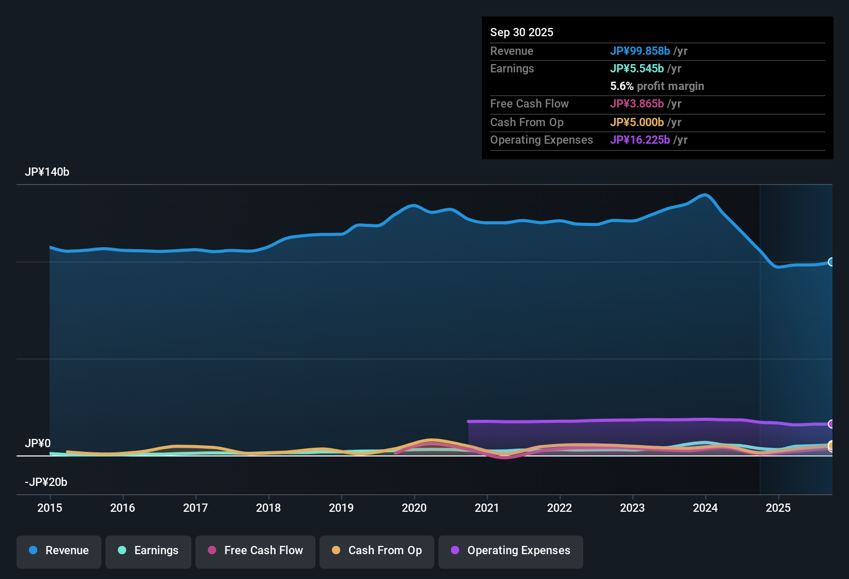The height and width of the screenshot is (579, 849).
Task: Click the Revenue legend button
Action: coord(59,551)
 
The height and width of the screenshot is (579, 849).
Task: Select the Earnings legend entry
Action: coord(148,551)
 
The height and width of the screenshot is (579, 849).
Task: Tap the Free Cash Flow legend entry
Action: coord(255,551)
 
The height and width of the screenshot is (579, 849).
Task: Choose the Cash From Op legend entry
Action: coord(377,551)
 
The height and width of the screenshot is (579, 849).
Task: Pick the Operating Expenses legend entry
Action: coord(511,551)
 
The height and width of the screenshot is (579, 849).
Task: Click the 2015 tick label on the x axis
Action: coord(50,508)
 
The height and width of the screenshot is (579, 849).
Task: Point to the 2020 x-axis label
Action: coord(414,508)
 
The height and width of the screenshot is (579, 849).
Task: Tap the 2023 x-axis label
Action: coord(632,508)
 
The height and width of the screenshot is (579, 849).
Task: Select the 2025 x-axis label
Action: coord(778,508)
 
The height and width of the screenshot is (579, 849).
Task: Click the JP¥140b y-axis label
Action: coord(47,172)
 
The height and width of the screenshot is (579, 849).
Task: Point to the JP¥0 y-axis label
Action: coord(38,444)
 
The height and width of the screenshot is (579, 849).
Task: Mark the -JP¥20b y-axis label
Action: coord(46,482)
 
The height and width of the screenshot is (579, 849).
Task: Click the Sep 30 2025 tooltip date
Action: coord(522,32)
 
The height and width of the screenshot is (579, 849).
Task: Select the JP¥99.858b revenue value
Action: coord(640,51)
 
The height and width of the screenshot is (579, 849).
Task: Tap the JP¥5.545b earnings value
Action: coord(637,68)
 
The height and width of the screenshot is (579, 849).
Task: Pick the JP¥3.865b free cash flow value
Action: coord(637,103)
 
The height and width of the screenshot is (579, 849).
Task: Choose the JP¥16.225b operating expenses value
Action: coord(640,140)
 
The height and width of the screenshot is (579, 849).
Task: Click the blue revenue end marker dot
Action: coord(831,262)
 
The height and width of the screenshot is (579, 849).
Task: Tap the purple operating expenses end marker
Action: coord(831,424)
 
